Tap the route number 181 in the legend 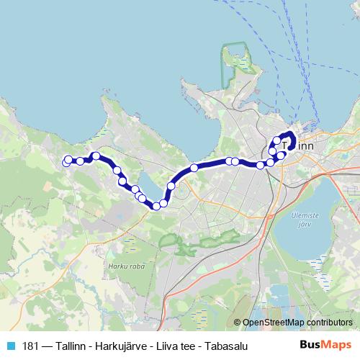coord(30,346)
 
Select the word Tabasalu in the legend coord(224,346)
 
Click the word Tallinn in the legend coord(68,346)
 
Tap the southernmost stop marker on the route coord(156,207)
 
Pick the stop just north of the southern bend coord(171,186)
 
